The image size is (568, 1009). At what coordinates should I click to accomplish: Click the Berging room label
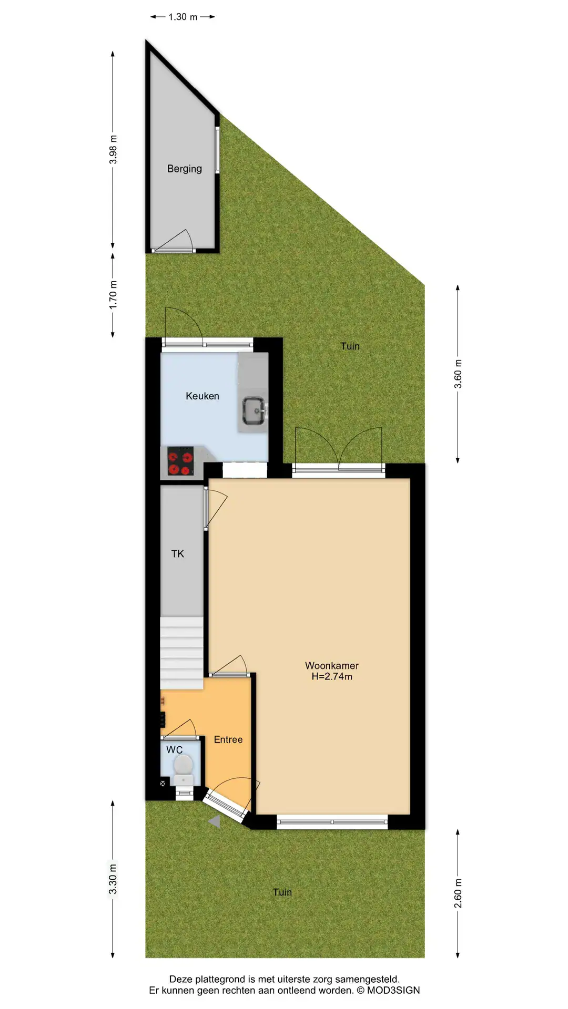point(185,169)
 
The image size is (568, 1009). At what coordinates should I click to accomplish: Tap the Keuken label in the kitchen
point(202,396)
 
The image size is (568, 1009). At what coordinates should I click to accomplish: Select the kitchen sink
point(255,410)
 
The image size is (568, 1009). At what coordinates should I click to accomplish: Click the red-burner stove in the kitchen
point(180,461)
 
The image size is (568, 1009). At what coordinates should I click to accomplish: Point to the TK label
point(178,554)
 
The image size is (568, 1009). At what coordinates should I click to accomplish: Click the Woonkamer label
point(332,665)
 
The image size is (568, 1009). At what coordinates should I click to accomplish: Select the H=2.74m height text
point(332,677)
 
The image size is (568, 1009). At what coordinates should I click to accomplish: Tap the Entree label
point(228,739)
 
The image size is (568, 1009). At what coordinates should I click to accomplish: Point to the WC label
point(175,750)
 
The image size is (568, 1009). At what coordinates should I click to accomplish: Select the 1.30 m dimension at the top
point(183,17)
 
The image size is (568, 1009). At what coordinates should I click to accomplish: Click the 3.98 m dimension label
point(113,150)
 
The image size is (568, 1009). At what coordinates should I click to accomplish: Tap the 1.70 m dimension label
point(113,295)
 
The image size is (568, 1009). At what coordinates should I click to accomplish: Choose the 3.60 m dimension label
point(458,374)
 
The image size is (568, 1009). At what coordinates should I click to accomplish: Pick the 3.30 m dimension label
point(113,879)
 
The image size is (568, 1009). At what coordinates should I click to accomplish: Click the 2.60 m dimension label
point(458,893)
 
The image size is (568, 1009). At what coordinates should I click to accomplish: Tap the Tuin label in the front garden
point(282,892)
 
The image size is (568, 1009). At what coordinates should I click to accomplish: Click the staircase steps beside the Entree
point(181,653)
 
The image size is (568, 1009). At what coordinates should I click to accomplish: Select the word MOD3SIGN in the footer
point(393,991)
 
